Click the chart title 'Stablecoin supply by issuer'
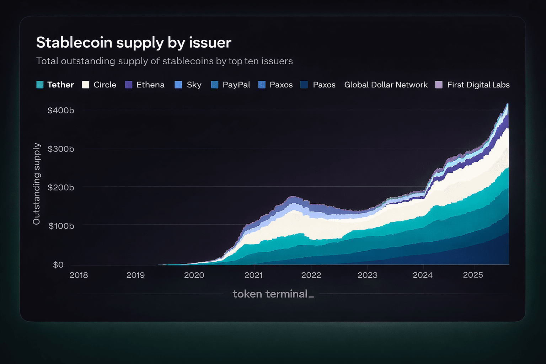coord(134,43)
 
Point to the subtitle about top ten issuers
coord(164,61)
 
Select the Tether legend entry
coord(55,85)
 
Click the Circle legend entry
coord(99,85)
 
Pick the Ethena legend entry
coord(145,85)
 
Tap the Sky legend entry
coord(188,85)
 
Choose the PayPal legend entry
coord(231,85)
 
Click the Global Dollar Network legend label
coord(386,85)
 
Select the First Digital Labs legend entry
coord(473,85)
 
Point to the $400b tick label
coord(61,111)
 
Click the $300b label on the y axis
coord(61,149)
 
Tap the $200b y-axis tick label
coord(61,187)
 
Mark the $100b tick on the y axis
coord(61,226)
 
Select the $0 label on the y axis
coord(58,265)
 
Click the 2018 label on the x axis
coord(79,275)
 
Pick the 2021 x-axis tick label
coord(253,275)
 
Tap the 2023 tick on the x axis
coord(367,275)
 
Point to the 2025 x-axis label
coord(473,275)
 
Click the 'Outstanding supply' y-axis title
coord(37,184)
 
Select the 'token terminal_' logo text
coord(273,294)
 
